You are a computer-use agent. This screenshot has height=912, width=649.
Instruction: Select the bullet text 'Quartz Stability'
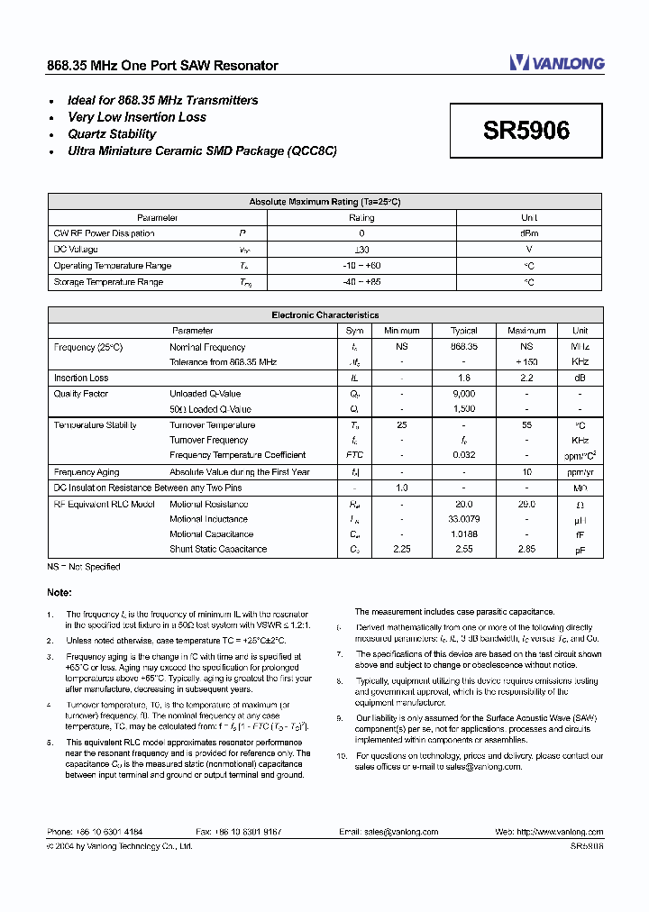(x=112, y=134)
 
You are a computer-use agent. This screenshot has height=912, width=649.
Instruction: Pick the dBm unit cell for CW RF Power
(x=529, y=233)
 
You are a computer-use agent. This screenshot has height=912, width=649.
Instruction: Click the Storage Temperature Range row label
(x=108, y=282)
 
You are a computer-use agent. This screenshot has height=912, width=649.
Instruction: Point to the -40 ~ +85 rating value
(x=361, y=282)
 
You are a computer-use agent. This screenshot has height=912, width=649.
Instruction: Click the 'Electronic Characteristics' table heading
(x=324, y=315)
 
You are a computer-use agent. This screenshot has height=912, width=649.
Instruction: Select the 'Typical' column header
(x=463, y=331)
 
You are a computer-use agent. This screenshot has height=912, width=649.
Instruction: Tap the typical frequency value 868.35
(x=463, y=347)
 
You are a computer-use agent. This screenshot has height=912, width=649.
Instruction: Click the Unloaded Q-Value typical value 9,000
(x=463, y=394)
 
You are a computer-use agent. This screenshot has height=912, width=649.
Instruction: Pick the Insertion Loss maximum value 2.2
(x=527, y=378)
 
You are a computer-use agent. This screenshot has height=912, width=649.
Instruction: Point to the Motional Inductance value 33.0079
(x=463, y=519)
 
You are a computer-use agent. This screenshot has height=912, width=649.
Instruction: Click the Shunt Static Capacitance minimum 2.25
(x=403, y=549)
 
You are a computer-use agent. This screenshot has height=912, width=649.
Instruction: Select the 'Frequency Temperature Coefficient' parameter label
(x=237, y=455)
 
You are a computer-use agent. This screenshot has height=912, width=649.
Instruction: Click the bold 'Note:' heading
(x=60, y=592)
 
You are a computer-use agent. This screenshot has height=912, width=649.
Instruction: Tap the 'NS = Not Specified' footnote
(x=84, y=567)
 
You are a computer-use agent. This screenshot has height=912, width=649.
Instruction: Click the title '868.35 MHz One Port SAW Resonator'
(x=162, y=66)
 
